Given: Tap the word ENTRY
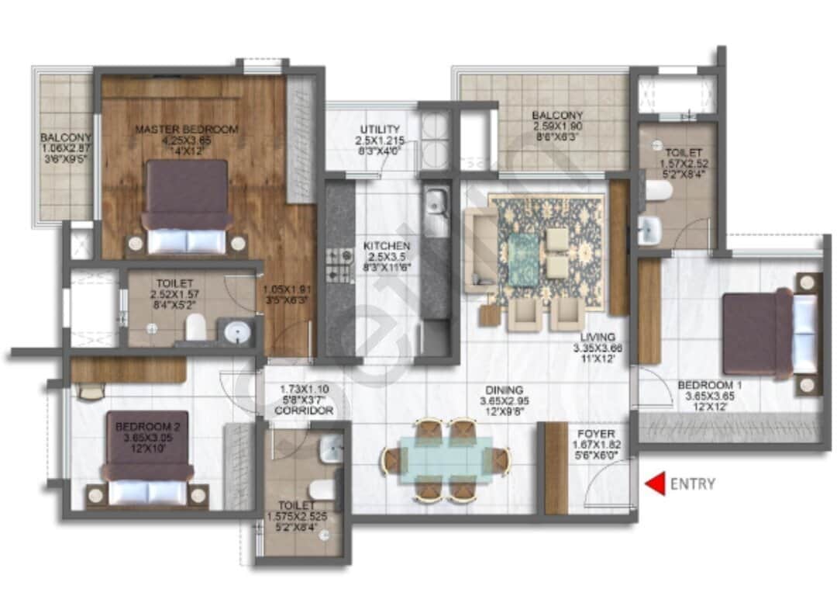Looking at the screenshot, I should tap(692, 484).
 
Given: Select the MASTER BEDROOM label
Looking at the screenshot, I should tap(187, 129).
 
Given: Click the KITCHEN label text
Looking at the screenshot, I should tap(387, 247).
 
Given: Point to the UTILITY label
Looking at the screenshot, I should tap(380, 129).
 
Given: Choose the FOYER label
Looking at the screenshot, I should tap(596, 434).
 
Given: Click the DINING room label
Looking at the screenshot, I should tap(505, 390).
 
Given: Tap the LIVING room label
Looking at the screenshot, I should tap(595, 337).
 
